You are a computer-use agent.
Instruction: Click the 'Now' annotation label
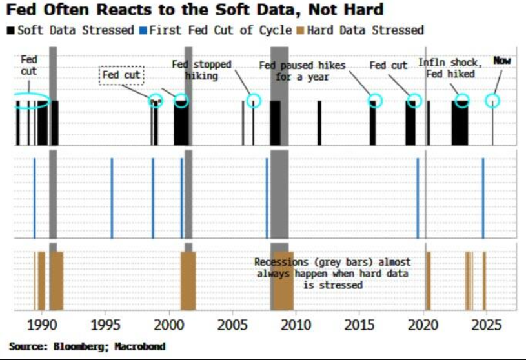[x=501, y=61]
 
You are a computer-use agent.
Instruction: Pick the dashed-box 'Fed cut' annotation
[x=122, y=75]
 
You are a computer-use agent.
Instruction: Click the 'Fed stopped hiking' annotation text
[x=197, y=70]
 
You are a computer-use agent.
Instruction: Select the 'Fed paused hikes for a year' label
[x=303, y=71]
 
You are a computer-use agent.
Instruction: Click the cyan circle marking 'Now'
[x=492, y=101]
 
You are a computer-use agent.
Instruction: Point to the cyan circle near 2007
[x=254, y=101]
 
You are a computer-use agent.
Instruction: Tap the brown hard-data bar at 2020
[x=427, y=281]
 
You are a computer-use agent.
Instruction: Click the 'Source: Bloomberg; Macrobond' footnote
[x=87, y=346]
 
